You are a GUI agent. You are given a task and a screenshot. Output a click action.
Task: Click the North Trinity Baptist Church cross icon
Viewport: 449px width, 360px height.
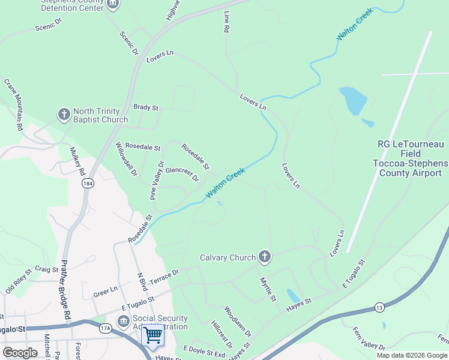pos(64,114)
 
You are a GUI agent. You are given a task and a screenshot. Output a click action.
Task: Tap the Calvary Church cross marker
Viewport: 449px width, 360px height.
pos(264,257)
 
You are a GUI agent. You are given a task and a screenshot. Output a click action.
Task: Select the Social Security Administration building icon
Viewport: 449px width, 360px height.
pos(123,322)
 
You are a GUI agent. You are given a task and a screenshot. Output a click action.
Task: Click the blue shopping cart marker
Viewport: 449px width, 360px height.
pos(154,335)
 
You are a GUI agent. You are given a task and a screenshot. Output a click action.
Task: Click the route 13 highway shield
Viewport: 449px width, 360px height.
pos(379,308)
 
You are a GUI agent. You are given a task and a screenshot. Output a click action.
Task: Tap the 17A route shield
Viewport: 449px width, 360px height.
pos(106,329)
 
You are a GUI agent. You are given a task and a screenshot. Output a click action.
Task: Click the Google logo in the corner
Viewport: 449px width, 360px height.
pos(20,352)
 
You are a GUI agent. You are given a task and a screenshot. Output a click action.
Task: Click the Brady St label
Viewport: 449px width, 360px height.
pos(146,108)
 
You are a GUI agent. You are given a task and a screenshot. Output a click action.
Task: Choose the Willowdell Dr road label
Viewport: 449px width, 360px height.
pos(127,158)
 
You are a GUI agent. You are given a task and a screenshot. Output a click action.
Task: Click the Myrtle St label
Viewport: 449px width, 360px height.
pos(268,289)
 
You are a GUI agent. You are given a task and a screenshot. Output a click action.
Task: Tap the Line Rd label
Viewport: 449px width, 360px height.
pos(227,21)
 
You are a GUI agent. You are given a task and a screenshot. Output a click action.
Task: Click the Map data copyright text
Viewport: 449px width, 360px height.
pos(411,355)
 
